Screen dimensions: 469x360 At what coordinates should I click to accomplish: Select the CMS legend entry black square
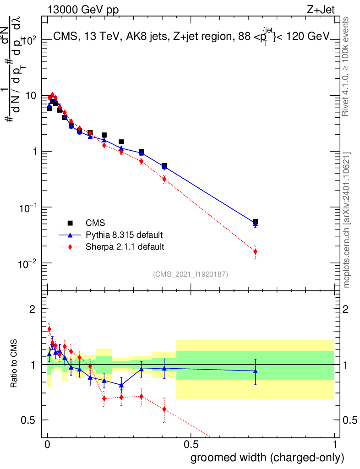point(70,223)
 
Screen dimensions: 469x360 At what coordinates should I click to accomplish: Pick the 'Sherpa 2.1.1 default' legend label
point(125,247)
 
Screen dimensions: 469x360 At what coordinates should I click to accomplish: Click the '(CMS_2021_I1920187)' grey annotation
point(191,274)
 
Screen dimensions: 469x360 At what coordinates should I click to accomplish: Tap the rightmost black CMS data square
point(255,222)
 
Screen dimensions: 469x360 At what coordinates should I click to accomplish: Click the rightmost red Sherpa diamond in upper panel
point(255,251)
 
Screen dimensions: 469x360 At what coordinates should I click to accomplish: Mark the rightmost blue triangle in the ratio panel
point(255,371)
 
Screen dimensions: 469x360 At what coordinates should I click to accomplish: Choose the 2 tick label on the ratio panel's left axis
point(33,309)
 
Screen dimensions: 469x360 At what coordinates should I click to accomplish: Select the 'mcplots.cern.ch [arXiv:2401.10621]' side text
point(347,220)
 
